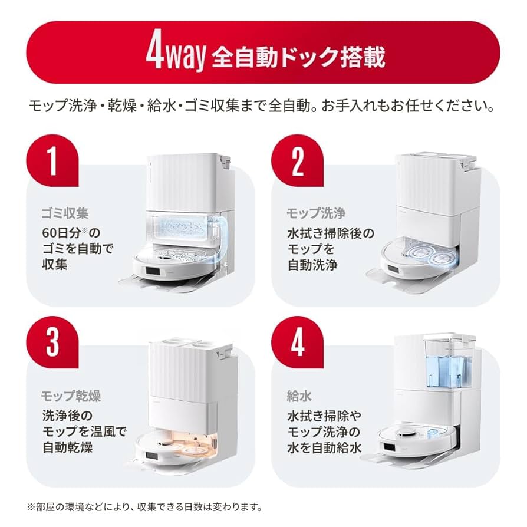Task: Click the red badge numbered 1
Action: (x=52, y=160)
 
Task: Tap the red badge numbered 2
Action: (x=297, y=160)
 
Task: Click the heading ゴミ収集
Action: (x=65, y=213)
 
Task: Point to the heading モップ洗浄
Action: (x=315, y=213)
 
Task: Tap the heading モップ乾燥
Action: (x=71, y=396)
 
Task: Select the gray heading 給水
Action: (x=299, y=396)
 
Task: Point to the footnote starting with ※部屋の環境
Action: (x=144, y=507)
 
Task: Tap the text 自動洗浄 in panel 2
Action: (x=312, y=265)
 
